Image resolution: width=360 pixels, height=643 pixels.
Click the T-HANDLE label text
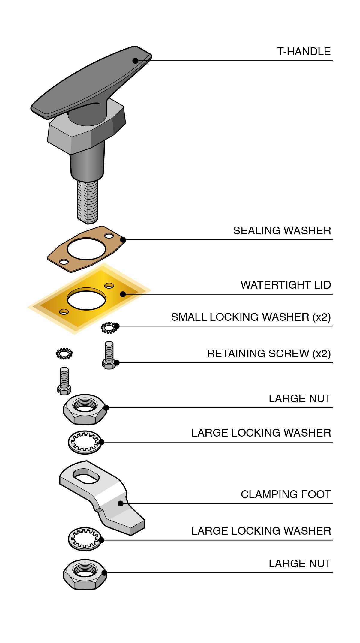point(304,52)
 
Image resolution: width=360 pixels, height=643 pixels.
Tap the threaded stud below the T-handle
point(87,201)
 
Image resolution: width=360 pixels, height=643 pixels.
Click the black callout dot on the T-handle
point(135,61)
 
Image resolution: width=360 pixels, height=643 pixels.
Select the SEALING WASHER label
point(282,231)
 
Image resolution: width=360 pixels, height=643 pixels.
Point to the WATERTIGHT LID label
point(286,285)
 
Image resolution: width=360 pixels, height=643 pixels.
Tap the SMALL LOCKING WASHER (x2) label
point(251,317)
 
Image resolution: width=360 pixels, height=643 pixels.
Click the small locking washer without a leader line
point(64,353)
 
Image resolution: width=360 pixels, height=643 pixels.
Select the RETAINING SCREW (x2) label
point(269,354)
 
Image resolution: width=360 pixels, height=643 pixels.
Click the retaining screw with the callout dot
point(109,356)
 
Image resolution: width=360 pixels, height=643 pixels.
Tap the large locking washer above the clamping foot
point(85,442)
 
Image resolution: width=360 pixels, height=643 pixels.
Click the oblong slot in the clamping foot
point(86,476)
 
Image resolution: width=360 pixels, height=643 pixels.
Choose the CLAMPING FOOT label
point(286,494)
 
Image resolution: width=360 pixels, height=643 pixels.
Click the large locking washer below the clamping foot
point(85,539)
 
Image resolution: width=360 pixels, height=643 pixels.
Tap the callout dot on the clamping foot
point(121,503)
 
